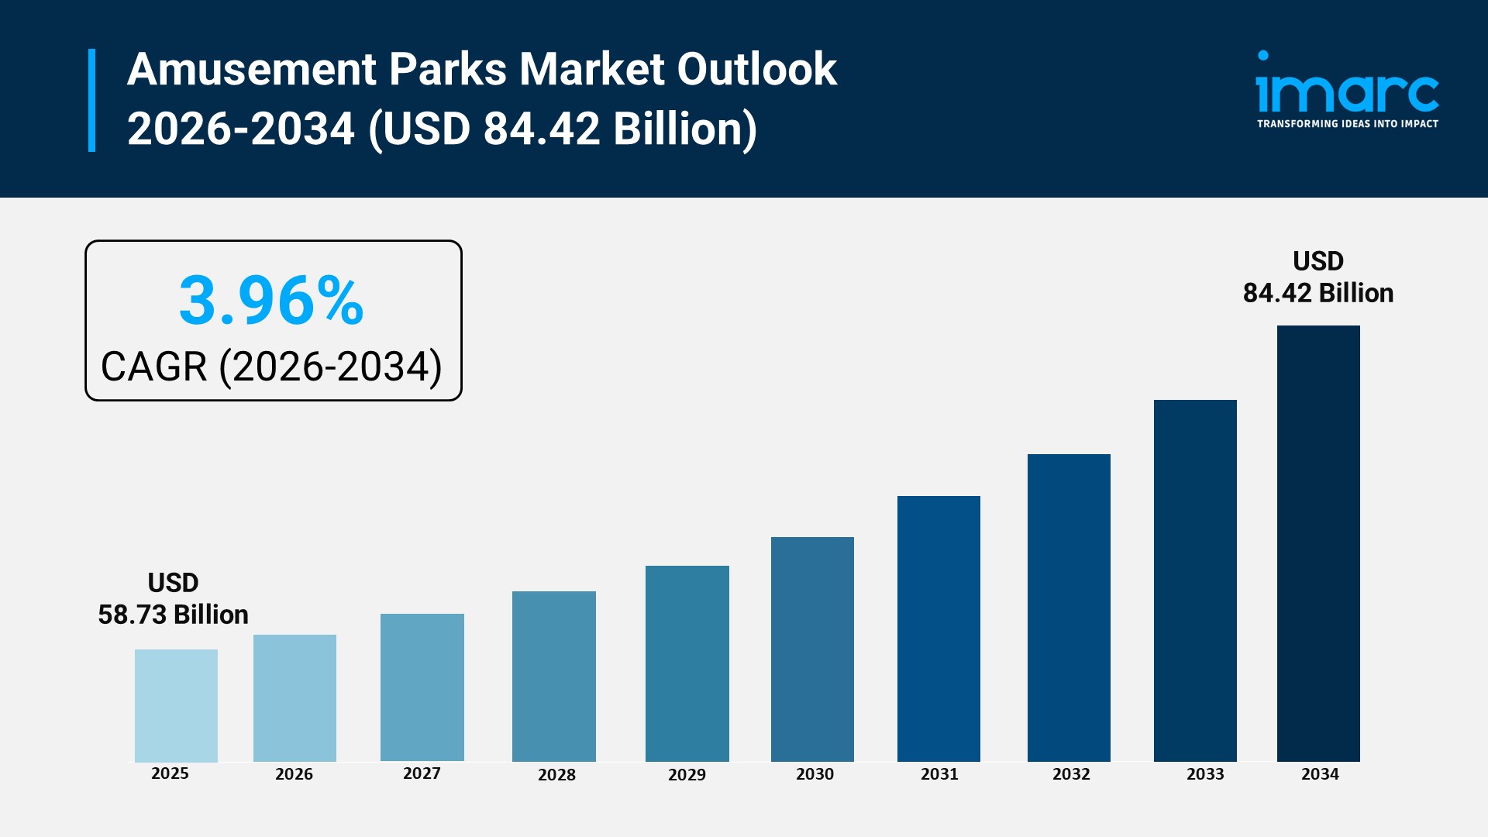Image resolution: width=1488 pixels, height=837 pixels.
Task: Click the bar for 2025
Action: coord(176,705)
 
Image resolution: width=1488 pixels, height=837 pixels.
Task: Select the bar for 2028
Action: coord(553,676)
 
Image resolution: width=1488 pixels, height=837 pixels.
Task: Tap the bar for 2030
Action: coord(812,649)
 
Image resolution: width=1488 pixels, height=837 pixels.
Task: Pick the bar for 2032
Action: coord(1069,608)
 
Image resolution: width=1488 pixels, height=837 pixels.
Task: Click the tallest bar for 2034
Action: coord(1318,543)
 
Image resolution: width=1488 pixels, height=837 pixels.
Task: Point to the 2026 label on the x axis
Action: coord(294,774)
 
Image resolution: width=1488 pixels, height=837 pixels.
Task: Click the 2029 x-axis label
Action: coord(687,775)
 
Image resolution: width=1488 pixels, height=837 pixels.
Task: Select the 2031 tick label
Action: coord(939,774)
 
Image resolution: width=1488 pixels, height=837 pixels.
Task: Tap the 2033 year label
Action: coord(1205,774)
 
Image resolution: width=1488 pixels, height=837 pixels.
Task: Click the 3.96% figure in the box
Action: coord(271,301)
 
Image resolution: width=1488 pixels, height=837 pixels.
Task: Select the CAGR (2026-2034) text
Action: coord(271,367)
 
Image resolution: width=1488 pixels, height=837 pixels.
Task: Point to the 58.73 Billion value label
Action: coord(173,615)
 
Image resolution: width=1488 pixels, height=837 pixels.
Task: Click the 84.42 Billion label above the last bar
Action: coord(1318,293)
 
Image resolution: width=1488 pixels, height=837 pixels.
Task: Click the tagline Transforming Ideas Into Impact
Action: coord(1347,124)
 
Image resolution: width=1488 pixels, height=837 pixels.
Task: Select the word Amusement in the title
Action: coord(251,70)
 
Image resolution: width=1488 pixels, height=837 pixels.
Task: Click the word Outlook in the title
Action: coord(756,70)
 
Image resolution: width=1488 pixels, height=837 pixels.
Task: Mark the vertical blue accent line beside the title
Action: coord(92,100)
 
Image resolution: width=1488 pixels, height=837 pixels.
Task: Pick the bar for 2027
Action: coord(422,687)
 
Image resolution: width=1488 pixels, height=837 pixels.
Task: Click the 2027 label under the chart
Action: coord(422,773)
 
